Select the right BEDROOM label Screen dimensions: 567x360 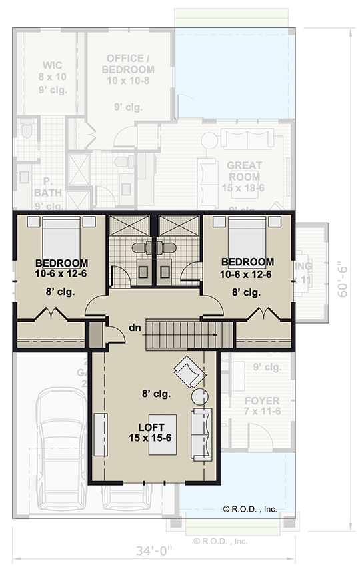247,262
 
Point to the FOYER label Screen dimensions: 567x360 261,401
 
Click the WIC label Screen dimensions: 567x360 53,66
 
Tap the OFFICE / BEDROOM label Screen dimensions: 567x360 129,64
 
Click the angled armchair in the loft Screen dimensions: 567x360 188,371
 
